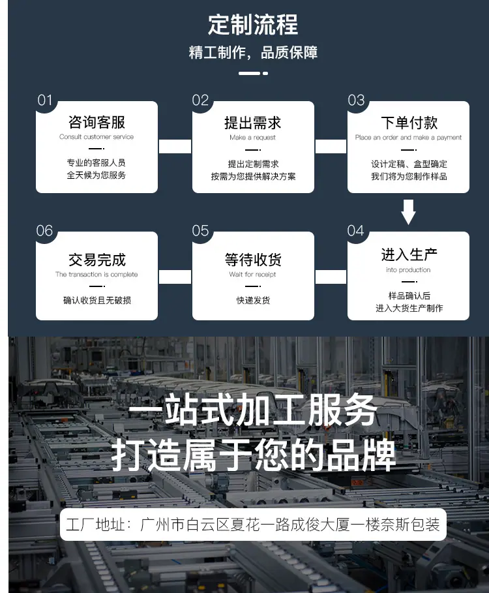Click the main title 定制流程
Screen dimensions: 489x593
pos(253,25)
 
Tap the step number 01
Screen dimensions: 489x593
pos(45,100)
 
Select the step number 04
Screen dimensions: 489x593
pos(355,231)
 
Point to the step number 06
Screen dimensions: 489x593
pos(44,231)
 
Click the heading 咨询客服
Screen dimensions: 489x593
pos(96,122)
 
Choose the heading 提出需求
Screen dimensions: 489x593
pos(253,123)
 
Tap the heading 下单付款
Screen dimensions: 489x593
pos(409,123)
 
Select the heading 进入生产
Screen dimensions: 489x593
pos(409,254)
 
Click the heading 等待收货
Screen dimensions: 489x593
pos(253,260)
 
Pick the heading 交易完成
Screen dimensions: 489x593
pos(97,260)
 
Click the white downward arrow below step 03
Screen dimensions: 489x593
pos(408,212)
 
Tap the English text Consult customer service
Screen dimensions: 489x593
pos(96,136)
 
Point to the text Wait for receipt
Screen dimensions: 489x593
pos(252,274)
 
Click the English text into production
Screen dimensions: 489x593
pos(408,269)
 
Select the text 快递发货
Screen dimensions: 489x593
pos(253,300)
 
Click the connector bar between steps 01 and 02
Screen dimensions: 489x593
pos(175,146)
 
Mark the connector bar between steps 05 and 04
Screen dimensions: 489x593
pos(331,277)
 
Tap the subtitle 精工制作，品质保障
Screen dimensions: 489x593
pos(253,53)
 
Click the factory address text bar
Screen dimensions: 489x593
pos(253,525)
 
